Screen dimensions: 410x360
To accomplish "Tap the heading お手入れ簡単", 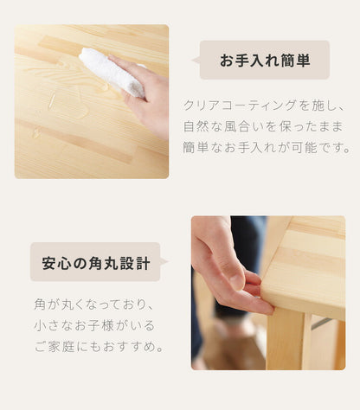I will click(264, 61).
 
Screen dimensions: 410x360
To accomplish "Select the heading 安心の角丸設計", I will click(96, 262).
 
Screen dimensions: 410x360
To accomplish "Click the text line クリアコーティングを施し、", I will click(264, 106).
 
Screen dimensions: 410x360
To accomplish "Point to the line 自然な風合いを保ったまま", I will click(264, 126).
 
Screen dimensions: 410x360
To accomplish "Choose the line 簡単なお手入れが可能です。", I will click(264, 147).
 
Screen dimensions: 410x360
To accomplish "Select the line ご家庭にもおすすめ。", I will click(95, 347).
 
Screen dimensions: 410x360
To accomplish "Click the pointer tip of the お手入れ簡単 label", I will click(194, 61).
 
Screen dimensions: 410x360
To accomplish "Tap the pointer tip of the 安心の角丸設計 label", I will click(166, 261).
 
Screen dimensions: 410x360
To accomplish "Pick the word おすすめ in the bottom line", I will click(131, 347).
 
